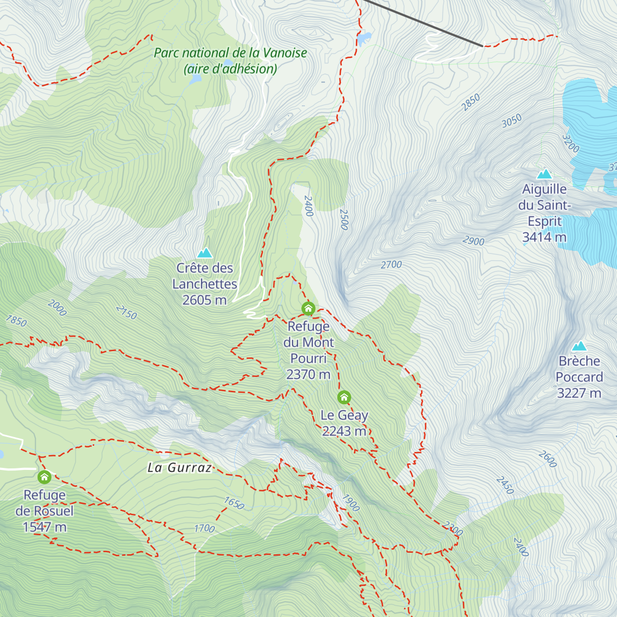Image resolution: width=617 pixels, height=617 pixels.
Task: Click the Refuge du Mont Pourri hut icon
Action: point(308,308)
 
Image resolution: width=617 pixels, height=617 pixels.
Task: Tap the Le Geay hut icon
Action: point(344,397)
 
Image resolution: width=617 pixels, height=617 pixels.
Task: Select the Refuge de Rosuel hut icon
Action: point(44,477)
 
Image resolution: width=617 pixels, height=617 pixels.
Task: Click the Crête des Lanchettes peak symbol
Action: point(205,252)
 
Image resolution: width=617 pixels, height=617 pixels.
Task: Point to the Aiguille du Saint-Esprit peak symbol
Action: point(544,174)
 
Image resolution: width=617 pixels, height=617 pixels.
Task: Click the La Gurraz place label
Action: point(180,467)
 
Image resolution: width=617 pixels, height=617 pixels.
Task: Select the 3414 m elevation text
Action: point(544,237)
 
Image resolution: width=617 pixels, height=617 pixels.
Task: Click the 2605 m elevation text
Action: point(204,300)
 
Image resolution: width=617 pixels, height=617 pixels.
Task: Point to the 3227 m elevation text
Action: point(579,393)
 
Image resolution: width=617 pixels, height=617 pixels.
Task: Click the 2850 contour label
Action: point(470,102)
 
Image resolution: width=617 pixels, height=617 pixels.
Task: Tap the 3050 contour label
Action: point(512,121)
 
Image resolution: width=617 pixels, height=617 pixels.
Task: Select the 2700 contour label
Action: point(391,265)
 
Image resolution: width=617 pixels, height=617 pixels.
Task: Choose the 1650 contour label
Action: point(234,503)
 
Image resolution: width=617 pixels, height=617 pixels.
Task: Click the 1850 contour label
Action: point(16,321)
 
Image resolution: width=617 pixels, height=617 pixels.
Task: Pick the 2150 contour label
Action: point(126,312)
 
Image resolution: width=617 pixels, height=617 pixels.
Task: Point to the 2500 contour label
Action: point(343,220)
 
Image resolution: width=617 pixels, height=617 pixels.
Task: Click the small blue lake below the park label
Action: point(194,79)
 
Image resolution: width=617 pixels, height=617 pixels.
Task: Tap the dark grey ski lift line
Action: point(422,23)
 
